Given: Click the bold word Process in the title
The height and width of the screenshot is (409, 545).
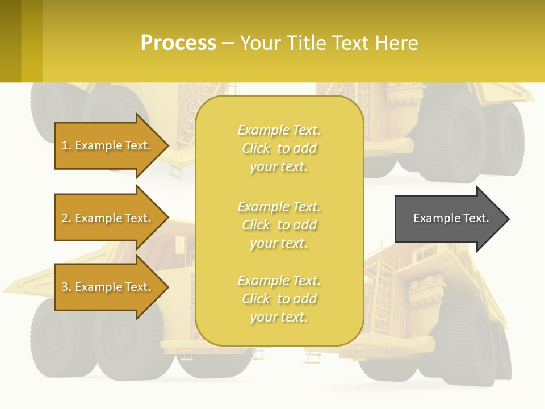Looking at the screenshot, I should [x=178, y=43].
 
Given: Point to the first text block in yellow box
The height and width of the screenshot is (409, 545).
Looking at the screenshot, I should [x=279, y=148].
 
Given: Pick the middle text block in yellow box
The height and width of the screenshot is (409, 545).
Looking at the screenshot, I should [x=279, y=225].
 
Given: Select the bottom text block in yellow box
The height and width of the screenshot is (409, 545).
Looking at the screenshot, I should [x=279, y=299].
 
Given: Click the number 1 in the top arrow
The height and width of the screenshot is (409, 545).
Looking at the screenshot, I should [x=65, y=145].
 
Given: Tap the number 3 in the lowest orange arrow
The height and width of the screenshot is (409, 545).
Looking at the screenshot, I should [x=65, y=287].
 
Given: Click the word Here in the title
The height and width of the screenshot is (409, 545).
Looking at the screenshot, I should [x=397, y=43].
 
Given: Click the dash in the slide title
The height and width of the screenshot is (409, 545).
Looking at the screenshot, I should [x=228, y=44].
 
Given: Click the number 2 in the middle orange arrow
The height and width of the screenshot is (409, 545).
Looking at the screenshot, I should [x=65, y=218].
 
